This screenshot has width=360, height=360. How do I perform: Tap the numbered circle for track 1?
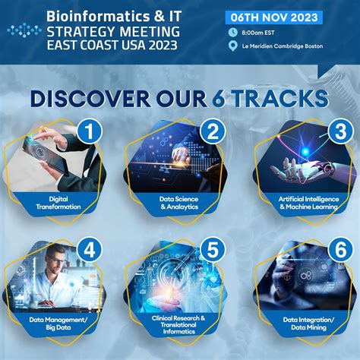click(92, 131)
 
